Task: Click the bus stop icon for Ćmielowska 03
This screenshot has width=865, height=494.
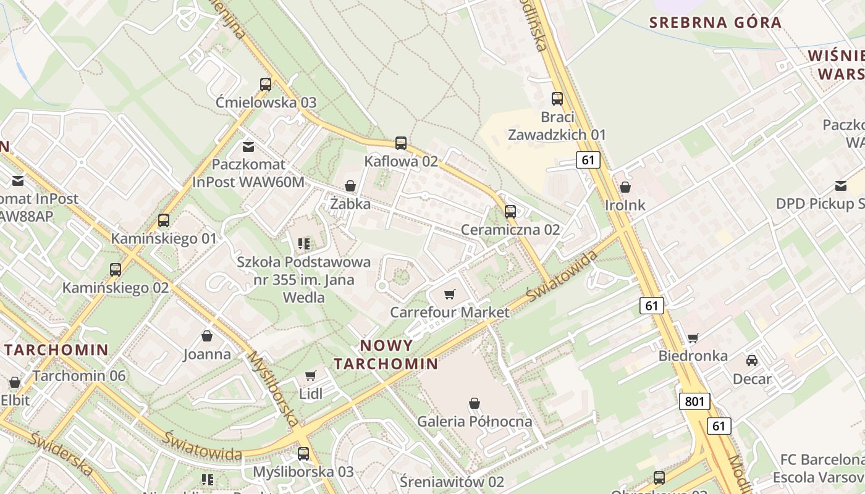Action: tap(266, 85)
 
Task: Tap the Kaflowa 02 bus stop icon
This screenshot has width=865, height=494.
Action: tap(401, 143)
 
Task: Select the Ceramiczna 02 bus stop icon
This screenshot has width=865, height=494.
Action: tap(510, 212)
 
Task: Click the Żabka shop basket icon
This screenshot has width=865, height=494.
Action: tap(350, 186)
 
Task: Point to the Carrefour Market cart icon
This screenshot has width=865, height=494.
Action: tap(450, 294)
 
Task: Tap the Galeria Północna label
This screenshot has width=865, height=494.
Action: tap(475, 422)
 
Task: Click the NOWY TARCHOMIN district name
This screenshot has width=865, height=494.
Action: tap(386, 354)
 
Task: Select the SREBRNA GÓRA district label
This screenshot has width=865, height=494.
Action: tap(715, 23)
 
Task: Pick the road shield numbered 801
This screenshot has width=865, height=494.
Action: tap(694, 401)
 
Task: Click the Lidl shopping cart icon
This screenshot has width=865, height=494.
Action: tap(311, 375)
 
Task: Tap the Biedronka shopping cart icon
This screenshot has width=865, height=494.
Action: tap(693, 338)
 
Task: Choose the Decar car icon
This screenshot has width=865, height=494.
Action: tap(752, 361)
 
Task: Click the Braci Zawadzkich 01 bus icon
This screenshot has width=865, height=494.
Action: tap(557, 98)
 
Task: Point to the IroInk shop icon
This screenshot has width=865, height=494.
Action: tap(625, 187)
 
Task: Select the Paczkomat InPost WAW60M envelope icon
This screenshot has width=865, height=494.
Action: tap(248, 147)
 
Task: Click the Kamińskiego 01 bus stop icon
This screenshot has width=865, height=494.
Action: tap(164, 220)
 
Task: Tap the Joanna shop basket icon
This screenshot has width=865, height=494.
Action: tap(207, 336)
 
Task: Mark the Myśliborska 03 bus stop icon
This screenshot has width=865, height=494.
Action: tap(303, 454)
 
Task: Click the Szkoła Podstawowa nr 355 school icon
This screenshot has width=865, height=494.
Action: tap(303, 244)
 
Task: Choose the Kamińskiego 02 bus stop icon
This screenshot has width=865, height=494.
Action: tap(116, 270)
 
